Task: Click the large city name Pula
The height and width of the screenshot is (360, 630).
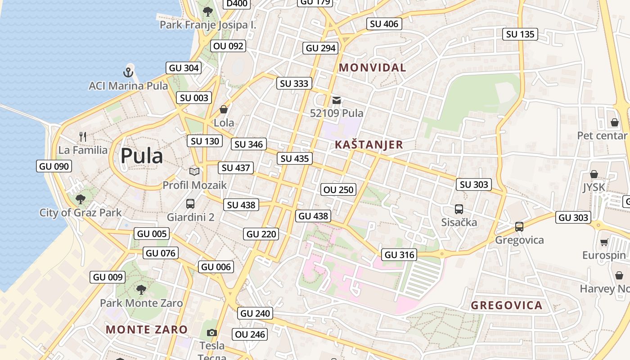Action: [141, 156]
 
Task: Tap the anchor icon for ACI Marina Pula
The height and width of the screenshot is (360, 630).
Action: [128, 72]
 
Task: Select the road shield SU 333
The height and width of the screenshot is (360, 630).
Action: [294, 83]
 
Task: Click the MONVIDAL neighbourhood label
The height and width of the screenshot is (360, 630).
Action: [372, 68]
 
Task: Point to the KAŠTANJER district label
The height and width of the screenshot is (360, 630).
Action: [369, 144]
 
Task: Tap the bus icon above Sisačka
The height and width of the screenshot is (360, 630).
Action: [459, 209]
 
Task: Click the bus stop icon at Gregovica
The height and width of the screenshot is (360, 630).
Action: [519, 226]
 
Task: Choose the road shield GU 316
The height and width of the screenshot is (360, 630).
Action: [400, 255]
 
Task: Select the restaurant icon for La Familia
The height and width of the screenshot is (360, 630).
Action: [83, 136]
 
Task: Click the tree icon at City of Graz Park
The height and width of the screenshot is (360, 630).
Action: [81, 199]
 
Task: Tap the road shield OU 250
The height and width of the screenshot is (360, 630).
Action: [338, 190]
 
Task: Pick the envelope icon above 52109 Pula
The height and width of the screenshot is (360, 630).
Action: [337, 100]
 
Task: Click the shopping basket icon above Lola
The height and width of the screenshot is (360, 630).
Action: [223, 109]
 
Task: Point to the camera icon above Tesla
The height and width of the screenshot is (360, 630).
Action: [211, 333]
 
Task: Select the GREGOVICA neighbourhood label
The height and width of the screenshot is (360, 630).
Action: [506, 306]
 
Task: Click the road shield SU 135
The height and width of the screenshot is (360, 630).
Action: [520, 34]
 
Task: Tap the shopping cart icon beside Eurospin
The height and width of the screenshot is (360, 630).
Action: [604, 242]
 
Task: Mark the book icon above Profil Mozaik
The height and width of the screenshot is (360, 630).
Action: [194, 171]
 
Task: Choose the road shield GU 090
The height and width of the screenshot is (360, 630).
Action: [54, 166]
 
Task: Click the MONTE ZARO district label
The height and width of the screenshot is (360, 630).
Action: [147, 329]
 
